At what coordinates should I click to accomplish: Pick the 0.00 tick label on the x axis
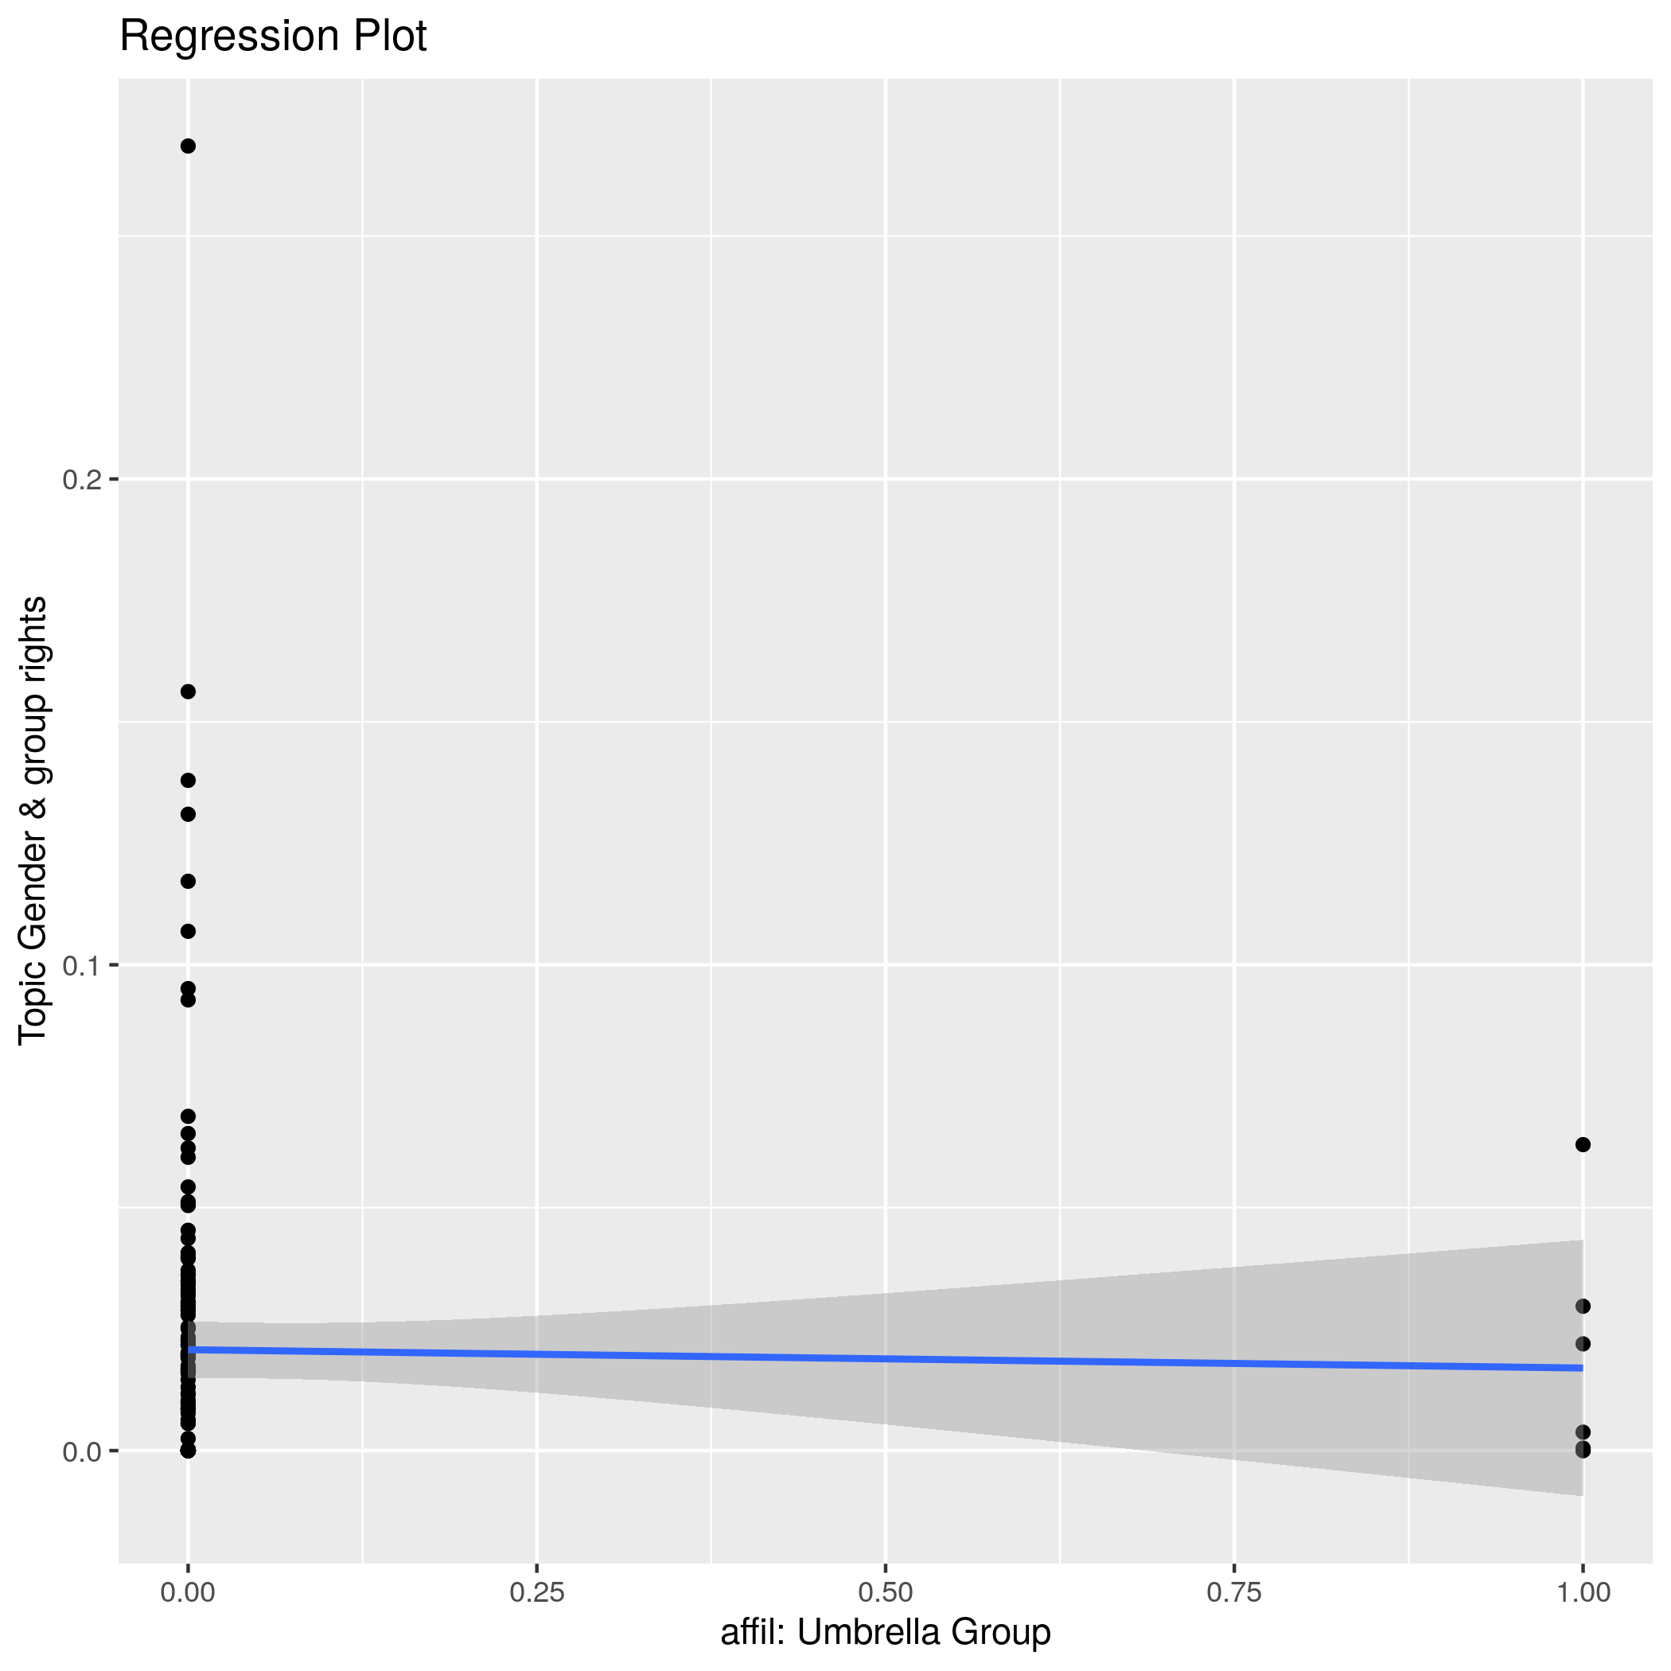coord(188,1592)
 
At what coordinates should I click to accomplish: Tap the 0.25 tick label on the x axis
coord(536,1592)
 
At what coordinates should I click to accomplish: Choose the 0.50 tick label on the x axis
coord(886,1592)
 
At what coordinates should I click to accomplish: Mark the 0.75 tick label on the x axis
coord(1234,1592)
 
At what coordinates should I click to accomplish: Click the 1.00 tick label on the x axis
coord(1583,1592)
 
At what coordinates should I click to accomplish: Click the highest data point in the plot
coord(188,146)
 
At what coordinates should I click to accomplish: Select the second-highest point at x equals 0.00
coord(188,691)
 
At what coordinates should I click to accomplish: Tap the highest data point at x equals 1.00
coord(1583,1144)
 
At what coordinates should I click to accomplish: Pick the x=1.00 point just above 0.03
coord(1583,1306)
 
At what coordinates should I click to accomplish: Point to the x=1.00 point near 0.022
coord(1583,1343)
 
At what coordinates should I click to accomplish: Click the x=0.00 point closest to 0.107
coord(188,932)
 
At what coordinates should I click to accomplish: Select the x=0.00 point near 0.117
coord(188,882)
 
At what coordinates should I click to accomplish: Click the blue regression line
coord(886,1358)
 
